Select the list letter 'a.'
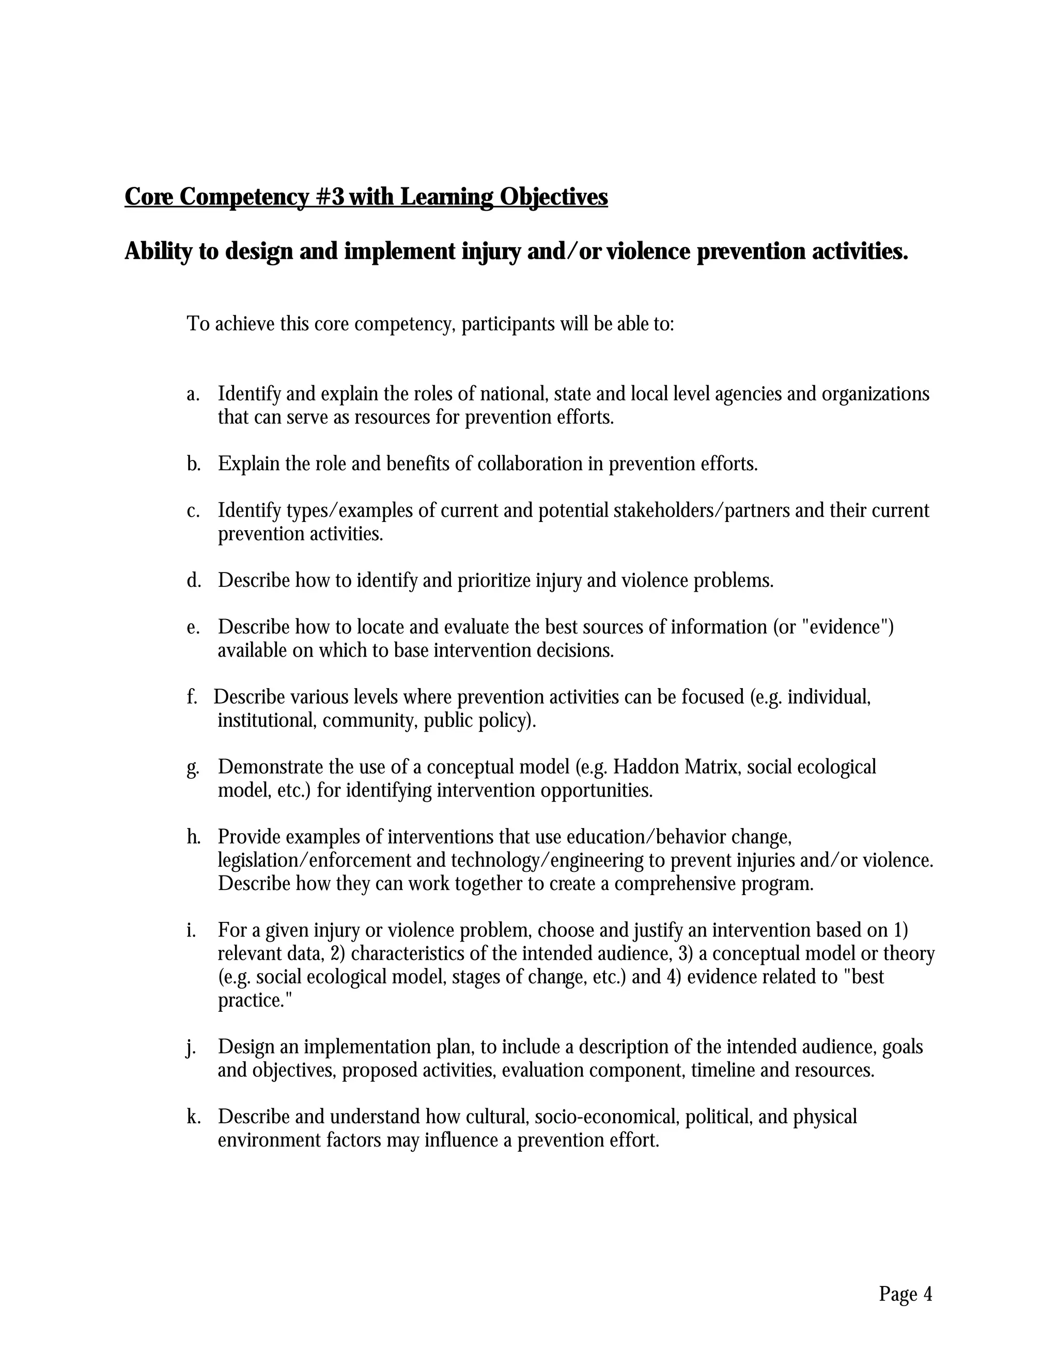click(x=193, y=394)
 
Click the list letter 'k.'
click(x=193, y=1116)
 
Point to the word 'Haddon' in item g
click(x=646, y=767)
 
